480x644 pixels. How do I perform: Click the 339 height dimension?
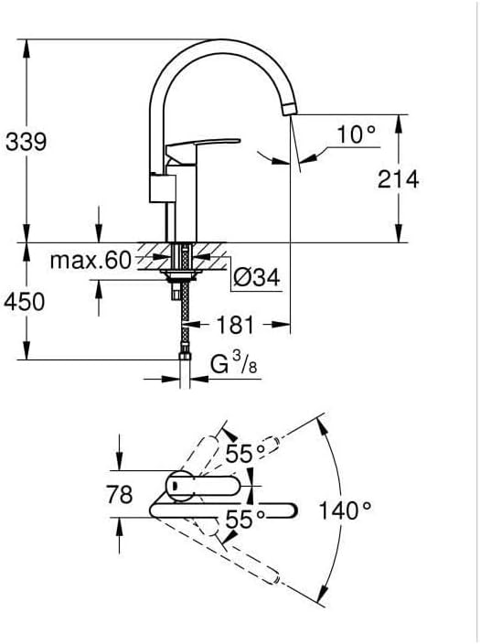pyautogui.click(x=27, y=142)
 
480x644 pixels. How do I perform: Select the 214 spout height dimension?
pyautogui.click(x=398, y=179)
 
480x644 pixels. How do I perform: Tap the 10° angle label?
pyautogui.click(x=356, y=134)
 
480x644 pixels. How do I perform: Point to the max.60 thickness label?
pyautogui.click(x=91, y=260)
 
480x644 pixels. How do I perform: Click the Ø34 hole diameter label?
pyautogui.click(x=257, y=277)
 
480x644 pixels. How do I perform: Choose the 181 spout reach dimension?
pyautogui.click(x=235, y=325)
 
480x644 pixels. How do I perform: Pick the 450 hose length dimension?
pyautogui.click(x=24, y=302)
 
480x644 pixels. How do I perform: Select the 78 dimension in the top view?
pyautogui.click(x=120, y=494)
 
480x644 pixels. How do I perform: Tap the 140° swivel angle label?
pyautogui.click(x=345, y=511)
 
